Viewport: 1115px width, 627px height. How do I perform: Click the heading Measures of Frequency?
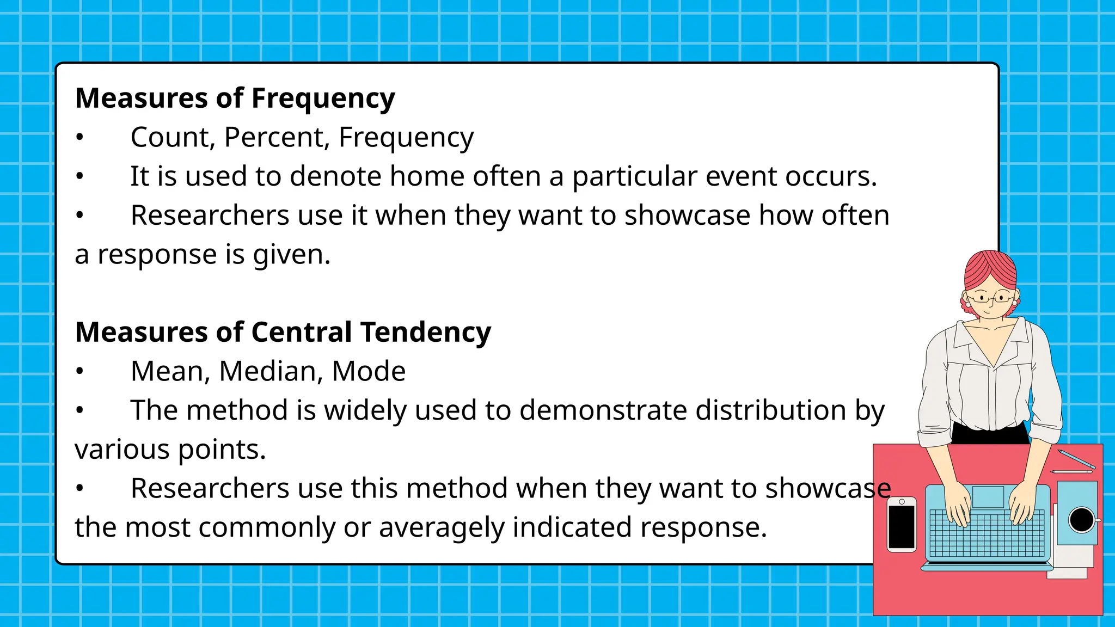click(235, 99)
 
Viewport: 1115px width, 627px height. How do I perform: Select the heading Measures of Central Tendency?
click(283, 332)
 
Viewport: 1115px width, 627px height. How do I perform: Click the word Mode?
click(369, 371)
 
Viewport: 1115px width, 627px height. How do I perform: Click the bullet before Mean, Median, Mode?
click(79, 372)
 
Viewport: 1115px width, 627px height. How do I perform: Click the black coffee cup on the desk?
click(1081, 519)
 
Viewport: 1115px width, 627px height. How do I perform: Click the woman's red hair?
click(990, 269)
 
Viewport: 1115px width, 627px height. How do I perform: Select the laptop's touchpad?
click(988, 497)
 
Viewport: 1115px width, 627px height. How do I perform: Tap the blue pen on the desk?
click(1076, 459)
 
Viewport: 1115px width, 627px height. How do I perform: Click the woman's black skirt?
click(990, 435)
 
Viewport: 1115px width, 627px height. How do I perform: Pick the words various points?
click(170, 450)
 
